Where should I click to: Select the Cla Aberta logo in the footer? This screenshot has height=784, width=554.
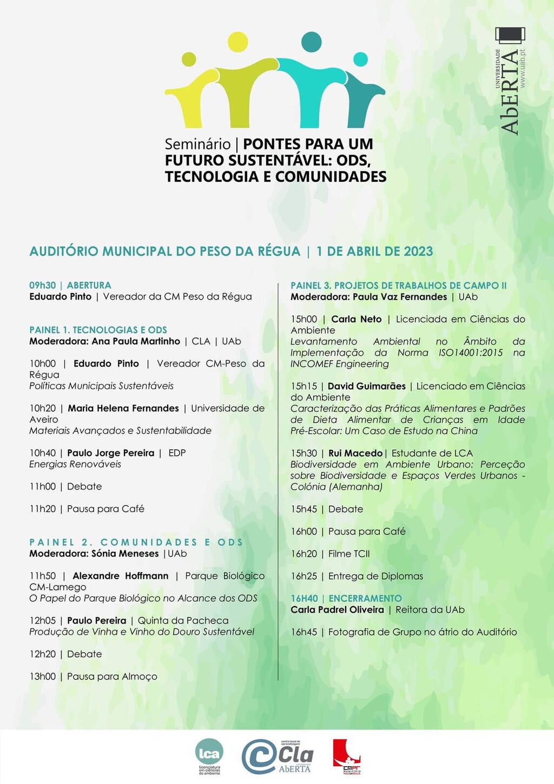coord(278,757)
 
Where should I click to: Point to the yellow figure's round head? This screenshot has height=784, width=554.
coord(238,42)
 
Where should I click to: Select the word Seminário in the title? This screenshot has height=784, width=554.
coord(197,144)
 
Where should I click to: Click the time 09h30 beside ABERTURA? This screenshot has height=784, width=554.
coord(43,285)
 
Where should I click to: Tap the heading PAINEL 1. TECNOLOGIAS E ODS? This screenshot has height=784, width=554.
coord(98,330)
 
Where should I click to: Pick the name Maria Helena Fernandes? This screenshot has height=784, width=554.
coord(123,408)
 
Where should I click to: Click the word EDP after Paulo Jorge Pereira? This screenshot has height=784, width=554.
coord(177,453)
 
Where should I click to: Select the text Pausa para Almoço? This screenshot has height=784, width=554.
coord(112,676)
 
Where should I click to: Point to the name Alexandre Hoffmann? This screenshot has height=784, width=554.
coord(121,576)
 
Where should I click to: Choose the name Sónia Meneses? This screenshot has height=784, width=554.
coord(125,554)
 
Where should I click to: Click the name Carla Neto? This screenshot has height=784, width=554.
coord(357,319)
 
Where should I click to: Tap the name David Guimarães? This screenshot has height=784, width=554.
coord(366,386)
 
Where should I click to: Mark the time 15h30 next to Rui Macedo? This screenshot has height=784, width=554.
coord(304,453)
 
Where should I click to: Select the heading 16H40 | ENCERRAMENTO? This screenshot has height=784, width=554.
coord(346,599)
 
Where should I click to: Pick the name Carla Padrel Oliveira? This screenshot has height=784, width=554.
coord(337,610)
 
